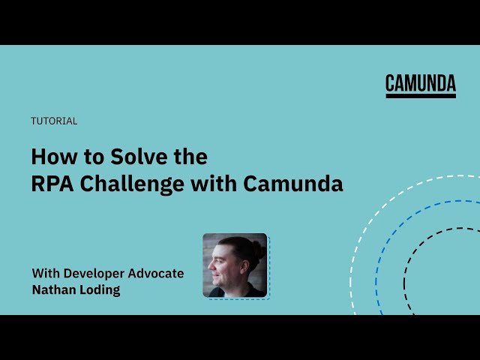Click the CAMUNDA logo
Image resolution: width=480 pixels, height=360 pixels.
[421, 83]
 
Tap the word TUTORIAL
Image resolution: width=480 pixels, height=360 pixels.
[54, 121]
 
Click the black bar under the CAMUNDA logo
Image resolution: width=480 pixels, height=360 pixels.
[421, 95]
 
